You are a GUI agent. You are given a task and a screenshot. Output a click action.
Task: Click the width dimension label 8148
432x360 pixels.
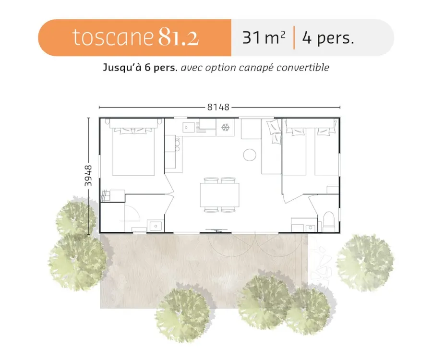click(x=218, y=107)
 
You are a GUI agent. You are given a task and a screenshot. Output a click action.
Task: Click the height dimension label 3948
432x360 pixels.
click(x=88, y=176)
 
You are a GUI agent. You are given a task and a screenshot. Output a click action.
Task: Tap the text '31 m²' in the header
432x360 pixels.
click(x=264, y=38)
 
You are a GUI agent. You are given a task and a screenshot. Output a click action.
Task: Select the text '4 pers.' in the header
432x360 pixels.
click(x=328, y=38)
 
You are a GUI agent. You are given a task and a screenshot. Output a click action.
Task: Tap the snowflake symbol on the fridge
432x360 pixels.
click(x=226, y=127)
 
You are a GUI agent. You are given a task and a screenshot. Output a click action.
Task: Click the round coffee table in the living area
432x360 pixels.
click(x=250, y=155)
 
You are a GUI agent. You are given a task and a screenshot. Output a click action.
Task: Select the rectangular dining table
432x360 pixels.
click(x=219, y=195)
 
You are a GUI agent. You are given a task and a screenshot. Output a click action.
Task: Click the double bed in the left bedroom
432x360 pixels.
click(x=133, y=151)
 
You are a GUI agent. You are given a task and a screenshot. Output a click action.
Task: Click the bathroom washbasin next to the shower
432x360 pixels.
click(x=156, y=226)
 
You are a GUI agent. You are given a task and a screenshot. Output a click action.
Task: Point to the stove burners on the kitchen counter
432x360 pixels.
click(x=177, y=144)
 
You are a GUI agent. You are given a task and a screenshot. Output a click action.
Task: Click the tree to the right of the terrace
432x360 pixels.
click(x=366, y=262)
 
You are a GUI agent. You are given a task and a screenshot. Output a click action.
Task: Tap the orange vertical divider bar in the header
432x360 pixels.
click(x=294, y=37)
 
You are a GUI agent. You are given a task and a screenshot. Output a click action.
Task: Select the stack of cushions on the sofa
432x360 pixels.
click(x=274, y=132)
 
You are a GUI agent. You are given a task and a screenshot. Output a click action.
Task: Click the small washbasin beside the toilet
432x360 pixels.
click(x=311, y=228)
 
